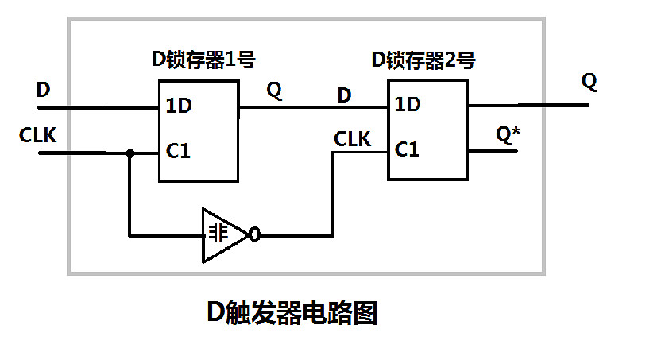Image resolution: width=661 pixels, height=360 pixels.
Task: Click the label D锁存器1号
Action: click(x=203, y=60)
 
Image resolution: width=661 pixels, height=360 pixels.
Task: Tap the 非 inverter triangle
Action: click(x=222, y=235)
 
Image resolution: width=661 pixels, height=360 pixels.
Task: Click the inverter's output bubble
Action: click(x=254, y=235)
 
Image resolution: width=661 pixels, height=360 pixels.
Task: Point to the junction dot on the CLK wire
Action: click(x=129, y=151)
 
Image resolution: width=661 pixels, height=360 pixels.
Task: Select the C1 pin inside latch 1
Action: click(x=178, y=150)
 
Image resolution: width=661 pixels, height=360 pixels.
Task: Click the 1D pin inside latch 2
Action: click(x=408, y=104)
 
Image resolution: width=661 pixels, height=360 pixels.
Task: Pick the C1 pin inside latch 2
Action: click(x=408, y=149)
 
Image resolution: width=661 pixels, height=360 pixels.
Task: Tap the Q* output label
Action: click(x=508, y=133)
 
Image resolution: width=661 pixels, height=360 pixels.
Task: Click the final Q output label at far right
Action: click(x=589, y=81)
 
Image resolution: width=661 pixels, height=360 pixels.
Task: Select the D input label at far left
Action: click(x=44, y=90)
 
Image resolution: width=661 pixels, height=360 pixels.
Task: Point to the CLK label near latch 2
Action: click(x=352, y=139)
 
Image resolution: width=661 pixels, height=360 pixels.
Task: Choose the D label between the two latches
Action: click(x=344, y=95)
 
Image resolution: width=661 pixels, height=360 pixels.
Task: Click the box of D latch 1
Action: click(x=199, y=130)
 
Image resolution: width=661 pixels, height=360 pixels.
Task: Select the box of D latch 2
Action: click(x=427, y=130)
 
